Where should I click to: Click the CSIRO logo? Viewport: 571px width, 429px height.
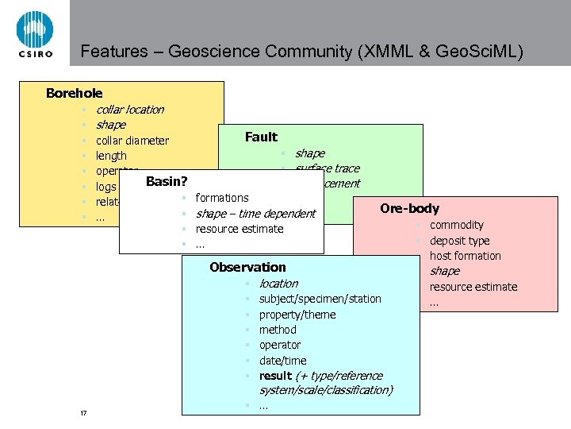34,34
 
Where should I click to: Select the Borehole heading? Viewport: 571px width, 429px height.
74,94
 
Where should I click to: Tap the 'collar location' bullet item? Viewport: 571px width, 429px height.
129,110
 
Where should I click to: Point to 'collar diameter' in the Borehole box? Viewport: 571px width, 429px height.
132,141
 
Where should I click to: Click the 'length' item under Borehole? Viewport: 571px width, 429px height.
111,157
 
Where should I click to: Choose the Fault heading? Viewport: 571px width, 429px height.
261,137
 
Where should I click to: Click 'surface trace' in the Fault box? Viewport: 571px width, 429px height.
327,168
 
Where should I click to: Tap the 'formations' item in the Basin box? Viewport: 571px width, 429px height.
222,198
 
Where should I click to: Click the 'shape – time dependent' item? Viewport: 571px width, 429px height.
255,214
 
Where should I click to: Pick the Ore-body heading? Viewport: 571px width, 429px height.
409,209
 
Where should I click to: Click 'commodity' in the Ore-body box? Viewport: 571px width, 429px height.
456,225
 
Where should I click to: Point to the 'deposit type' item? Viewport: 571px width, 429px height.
459,241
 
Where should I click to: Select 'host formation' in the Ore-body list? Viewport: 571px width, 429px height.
465,256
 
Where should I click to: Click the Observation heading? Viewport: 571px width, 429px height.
247,268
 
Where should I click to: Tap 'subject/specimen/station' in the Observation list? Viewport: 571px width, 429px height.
320,299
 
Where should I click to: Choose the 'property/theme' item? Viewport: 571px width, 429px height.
297,315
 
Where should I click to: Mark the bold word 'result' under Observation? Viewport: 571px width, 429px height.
275,376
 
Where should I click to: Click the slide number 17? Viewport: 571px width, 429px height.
83,413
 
